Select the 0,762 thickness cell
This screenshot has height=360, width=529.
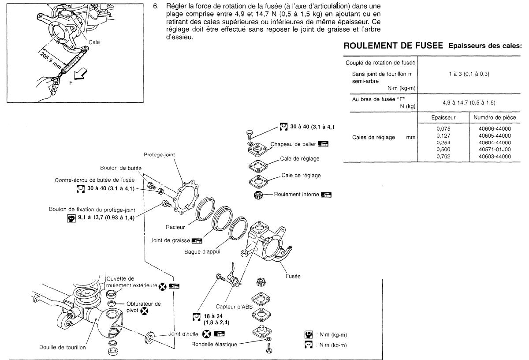click(442, 156)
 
